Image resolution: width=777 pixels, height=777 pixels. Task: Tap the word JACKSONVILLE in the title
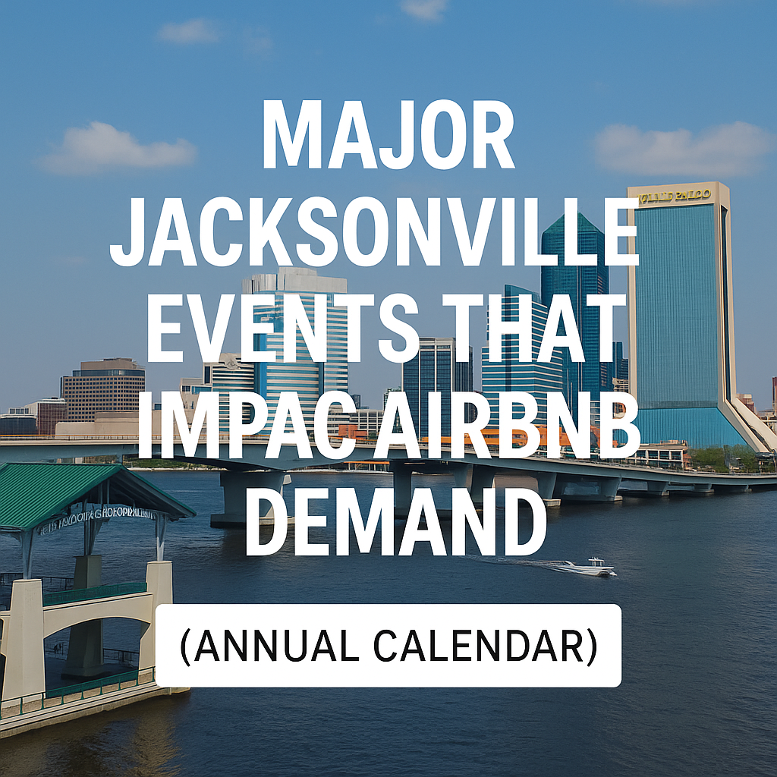pos(374,228)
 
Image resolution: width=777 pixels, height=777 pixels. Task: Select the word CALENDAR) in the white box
pos(499,646)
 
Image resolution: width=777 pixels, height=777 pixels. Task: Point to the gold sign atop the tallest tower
pos(675,196)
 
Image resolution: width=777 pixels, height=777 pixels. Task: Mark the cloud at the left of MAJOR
pos(118,149)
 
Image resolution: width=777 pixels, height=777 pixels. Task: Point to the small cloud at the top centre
pos(424,9)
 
